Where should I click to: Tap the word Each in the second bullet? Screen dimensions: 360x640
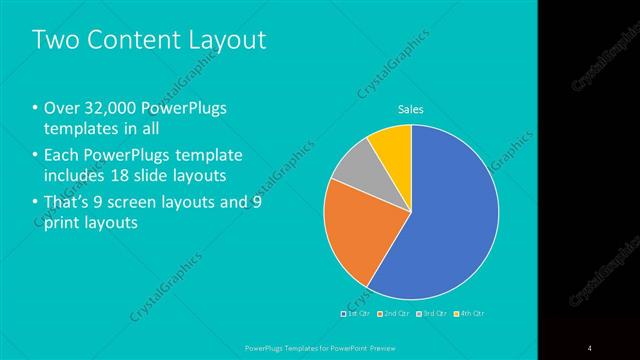click(62, 155)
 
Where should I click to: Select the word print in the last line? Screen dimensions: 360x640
click(62, 225)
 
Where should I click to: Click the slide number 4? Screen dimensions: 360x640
click(590, 347)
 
